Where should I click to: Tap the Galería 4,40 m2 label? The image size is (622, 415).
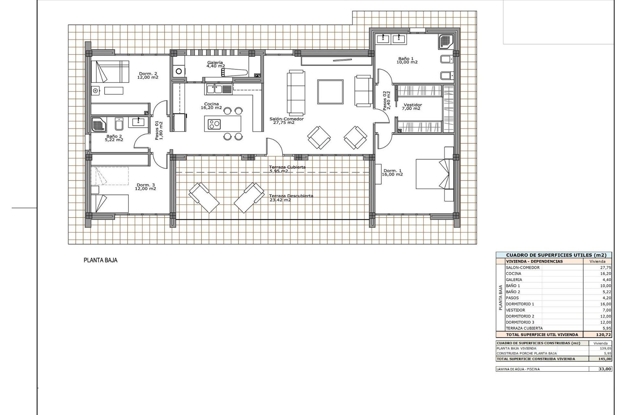[x=215, y=64]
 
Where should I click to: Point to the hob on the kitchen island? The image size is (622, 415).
[x=214, y=124]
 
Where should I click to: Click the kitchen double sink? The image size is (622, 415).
[x=214, y=89]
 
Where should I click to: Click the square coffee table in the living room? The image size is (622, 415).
[x=330, y=92]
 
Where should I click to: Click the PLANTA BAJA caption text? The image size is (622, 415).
[x=100, y=260]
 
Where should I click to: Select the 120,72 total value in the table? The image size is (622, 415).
[x=603, y=335]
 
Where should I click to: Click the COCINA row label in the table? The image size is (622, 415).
[x=513, y=274]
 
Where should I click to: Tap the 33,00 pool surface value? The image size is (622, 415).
[x=605, y=369]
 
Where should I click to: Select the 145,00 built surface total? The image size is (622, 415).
[x=605, y=359]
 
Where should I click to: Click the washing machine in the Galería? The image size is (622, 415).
[x=178, y=71]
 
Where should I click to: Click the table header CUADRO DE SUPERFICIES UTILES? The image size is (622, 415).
[x=554, y=255]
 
